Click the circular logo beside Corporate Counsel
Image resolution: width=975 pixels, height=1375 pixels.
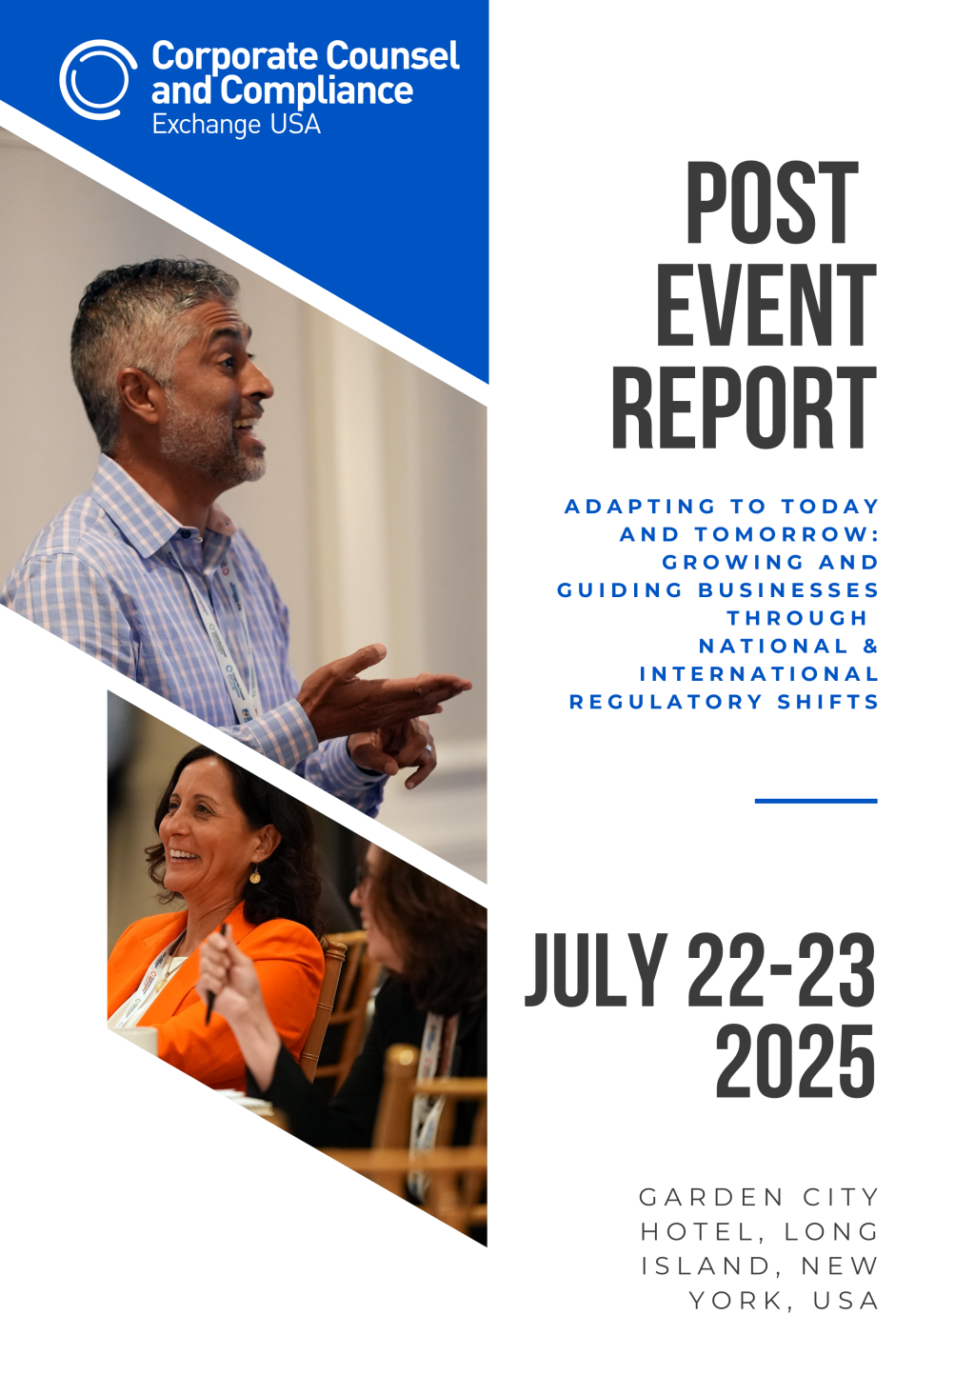click(x=98, y=80)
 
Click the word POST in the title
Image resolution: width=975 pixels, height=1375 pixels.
click(x=772, y=203)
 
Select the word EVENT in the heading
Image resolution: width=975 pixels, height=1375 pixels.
click(x=766, y=305)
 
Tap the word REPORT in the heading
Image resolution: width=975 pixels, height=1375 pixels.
click(x=745, y=408)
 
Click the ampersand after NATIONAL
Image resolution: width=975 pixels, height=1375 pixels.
click(x=870, y=646)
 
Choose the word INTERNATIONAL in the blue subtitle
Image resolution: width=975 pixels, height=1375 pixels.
click(x=759, y=674)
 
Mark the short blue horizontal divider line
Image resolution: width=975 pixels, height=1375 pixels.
click(x=816, y=801)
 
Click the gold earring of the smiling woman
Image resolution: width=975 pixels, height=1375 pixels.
click(x=255, y=875)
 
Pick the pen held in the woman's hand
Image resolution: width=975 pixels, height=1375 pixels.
click(x=214, y=975)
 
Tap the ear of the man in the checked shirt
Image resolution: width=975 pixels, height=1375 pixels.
click(x=139, y=395)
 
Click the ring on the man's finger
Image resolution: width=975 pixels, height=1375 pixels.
click(x=428, y=748)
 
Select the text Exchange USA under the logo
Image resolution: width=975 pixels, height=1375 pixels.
click(x=236, y=125)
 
